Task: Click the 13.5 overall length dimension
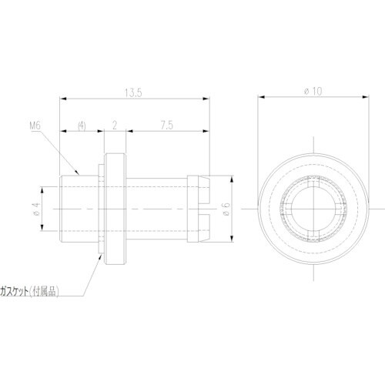pos(133,92)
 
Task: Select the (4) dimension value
pos(82,126)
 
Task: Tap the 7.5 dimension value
pos(167,126)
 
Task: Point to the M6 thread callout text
pos(35,126)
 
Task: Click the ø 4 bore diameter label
pos(36,209)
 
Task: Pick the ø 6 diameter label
pos(226,209)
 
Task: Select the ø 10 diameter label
pos(313,91)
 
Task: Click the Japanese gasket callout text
pos(29,291)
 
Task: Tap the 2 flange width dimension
pos(115,126)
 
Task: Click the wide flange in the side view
pos(115,209)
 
